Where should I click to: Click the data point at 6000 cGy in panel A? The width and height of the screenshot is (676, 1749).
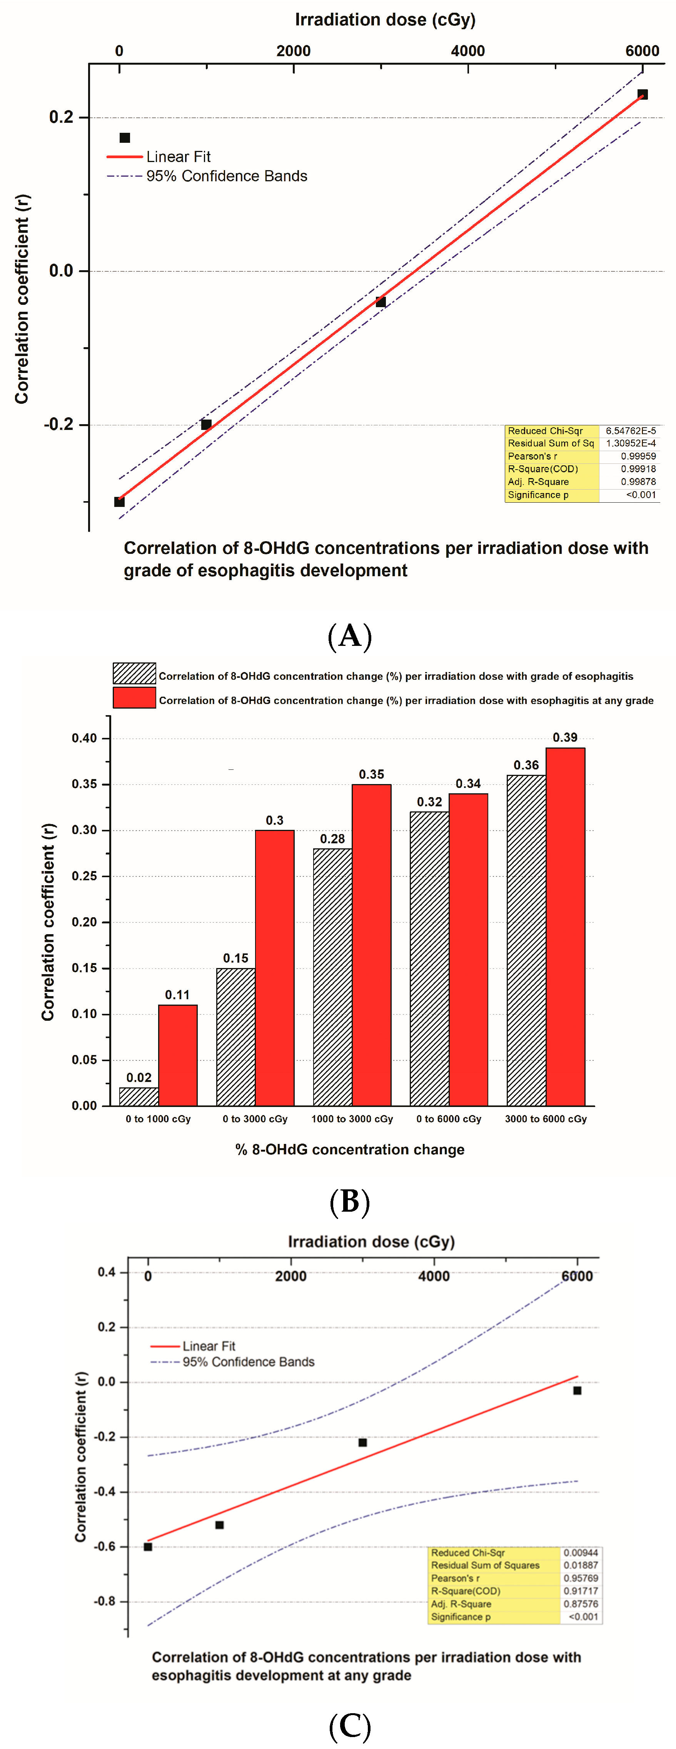(x=642, y=94)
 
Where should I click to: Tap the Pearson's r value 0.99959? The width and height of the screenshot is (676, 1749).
(x=638, y=456)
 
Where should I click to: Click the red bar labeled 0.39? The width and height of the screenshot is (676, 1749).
(x=565, y=927)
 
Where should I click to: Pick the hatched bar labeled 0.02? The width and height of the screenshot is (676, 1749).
(x=139, y=1097)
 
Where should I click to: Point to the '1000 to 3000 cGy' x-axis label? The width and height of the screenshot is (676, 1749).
(x=352, y=1119)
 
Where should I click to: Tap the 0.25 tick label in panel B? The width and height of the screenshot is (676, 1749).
(x=85, y=876)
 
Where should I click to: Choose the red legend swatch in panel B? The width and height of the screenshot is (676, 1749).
(x=134, y=698)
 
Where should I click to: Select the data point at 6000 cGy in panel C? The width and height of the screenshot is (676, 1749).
(x=577, y=1391)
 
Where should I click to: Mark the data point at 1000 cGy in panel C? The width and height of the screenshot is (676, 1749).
(x=219, y=1525)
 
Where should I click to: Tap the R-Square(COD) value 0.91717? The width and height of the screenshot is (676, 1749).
(x=581, y=1591)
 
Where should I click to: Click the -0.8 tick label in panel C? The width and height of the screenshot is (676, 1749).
(x=105, y=1601)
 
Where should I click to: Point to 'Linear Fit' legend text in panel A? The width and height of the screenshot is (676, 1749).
(x=179, y=157)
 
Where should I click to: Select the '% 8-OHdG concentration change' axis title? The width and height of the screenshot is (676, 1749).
(x=349, y=1149)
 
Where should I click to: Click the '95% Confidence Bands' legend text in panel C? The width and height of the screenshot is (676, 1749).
(x=249, y=1362)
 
